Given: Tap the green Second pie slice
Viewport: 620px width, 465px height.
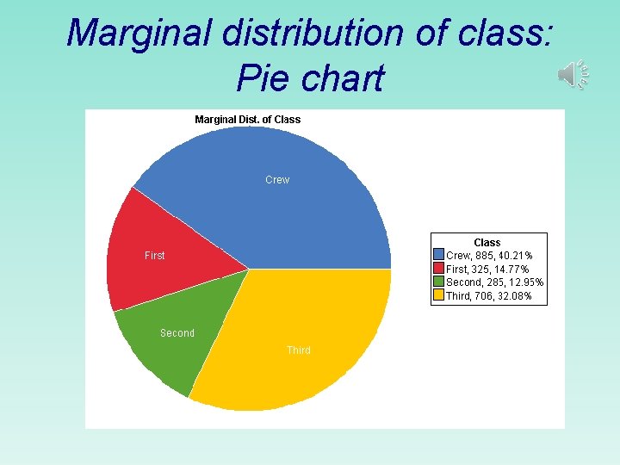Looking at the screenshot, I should pos(172,344).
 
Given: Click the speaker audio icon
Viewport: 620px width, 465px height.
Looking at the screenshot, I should pos(573,75).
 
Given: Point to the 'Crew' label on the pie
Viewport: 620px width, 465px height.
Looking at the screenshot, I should pos(277,180).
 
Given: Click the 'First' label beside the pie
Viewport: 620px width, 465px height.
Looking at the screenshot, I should pos(155,256).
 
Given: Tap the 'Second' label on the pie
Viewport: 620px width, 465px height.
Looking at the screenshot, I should pos(177,333).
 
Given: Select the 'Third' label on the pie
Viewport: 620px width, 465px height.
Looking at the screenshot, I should pos(299,350).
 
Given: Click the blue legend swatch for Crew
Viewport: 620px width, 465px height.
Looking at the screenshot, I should pos(438,256).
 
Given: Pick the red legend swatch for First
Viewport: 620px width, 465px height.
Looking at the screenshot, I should pos(438,269).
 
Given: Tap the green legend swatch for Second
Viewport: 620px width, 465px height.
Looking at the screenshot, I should pos(438,282).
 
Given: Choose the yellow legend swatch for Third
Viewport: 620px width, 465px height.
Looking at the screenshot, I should pos(438,295).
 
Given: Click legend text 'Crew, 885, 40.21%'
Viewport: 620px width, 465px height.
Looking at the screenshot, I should pos(489,256).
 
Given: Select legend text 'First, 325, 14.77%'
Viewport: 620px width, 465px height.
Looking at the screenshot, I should pos(487,270).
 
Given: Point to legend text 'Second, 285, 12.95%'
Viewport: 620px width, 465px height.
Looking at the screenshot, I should pos(494,282).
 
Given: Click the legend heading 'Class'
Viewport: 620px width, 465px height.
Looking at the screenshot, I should pos(487,243).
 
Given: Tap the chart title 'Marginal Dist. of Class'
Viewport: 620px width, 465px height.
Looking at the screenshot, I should pos(248,120).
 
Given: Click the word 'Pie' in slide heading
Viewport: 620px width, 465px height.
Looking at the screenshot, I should pos(259,78).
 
